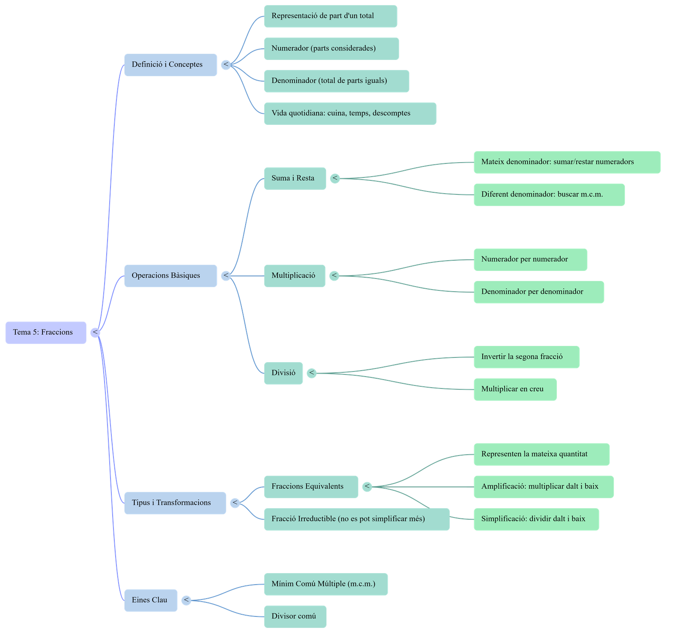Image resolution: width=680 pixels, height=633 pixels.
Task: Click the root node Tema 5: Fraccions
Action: pos(46,332)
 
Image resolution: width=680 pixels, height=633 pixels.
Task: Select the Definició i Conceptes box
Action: pos(170,65)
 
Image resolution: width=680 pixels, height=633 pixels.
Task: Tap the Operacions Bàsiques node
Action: pos(170,276)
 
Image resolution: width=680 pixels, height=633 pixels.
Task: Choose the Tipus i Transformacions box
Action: pos(175,503)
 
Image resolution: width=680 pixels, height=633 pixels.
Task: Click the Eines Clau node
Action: pos(150,600)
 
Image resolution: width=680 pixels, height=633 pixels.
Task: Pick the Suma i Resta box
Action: pos(295,178)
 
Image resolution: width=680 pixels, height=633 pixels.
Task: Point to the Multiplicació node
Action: pos(295,276)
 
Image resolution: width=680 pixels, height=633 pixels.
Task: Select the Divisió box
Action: pos(283,373)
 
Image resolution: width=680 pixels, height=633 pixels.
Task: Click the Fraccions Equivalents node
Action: pos(311,487)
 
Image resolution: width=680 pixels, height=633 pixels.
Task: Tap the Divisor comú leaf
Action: pos(295,616)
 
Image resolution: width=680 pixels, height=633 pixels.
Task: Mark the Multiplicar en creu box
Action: pos(515,389)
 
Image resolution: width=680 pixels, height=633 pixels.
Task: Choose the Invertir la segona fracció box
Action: pos(526,357)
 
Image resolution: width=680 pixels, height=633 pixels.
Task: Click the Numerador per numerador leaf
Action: pos(530,259)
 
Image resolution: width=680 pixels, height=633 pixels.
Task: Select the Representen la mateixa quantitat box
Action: pos(541,454)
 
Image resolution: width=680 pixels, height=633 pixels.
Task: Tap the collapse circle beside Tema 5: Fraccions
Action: pos(96,332)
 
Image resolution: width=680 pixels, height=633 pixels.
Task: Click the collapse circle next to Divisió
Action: pos(312,373)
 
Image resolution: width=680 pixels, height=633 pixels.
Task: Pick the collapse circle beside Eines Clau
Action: pos(186,600)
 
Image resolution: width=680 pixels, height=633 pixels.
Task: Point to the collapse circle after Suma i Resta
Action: pos(335,178)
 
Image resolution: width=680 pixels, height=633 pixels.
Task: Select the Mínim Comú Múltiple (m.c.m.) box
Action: pos(326,584)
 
